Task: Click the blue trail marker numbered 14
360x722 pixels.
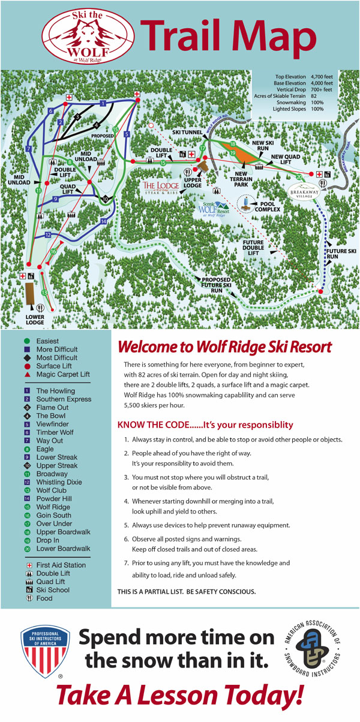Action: click(104, 222)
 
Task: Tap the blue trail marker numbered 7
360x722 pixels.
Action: click(28, 148)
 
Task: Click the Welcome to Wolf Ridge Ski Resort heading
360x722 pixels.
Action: click(224, 347)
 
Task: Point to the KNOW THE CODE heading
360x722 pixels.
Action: click(205, 425)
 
